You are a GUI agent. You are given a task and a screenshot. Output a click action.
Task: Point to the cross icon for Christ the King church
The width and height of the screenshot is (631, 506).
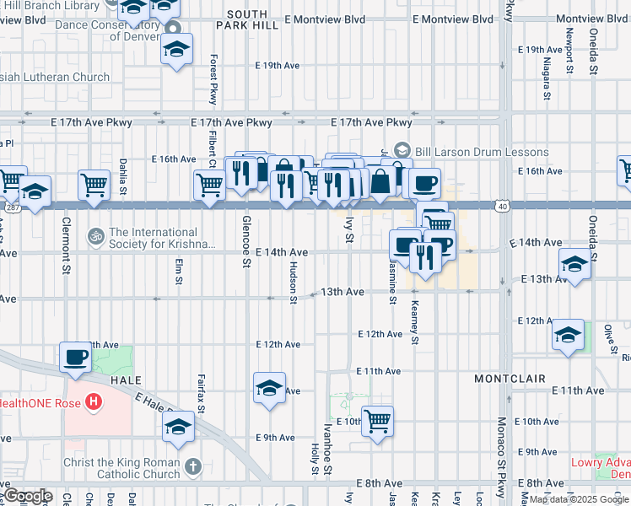pyautogui.click(x=192, y=466)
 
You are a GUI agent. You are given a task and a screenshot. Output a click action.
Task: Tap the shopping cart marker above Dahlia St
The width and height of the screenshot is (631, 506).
pyautogui.click(x=94, y=183)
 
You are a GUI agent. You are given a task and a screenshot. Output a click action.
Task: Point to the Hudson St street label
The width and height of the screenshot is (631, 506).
pyautogui.click(x=293, y=282)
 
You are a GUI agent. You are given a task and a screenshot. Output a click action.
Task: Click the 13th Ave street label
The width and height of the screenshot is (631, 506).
pyautogui.click(x=342, y=292)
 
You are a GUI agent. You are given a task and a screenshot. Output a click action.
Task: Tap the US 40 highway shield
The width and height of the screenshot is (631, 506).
pyautogui.click(x=503, y=204)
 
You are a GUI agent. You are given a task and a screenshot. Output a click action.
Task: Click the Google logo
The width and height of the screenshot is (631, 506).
pyautogui.click(x=28, y=496)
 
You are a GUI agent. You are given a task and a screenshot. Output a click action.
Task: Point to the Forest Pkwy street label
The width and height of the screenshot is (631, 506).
pyautogui.click(x=213, y=80)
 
